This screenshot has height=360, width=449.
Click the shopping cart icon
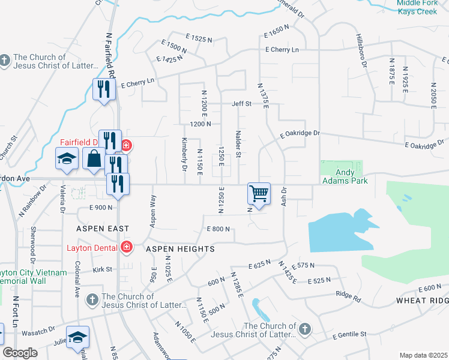(259, 194)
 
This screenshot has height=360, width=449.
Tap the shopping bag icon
(94, 160)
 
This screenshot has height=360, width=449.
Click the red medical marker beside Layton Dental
(127, 247)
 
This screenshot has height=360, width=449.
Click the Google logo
(20, 353)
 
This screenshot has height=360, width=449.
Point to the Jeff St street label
(241, 104)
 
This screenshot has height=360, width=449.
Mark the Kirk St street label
(103, 269)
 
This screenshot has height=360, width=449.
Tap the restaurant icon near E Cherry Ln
(104, 90)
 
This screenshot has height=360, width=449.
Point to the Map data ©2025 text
(423, 355)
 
